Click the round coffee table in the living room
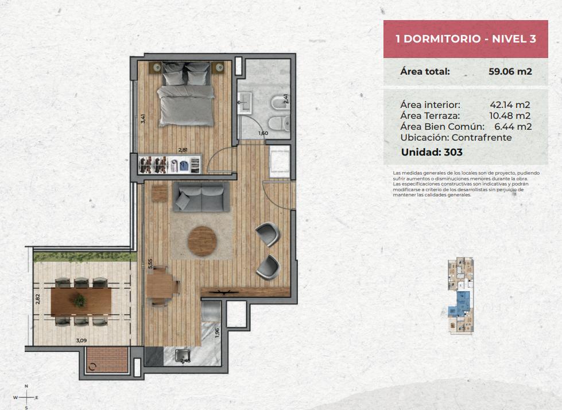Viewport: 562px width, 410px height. [x=202, y=241]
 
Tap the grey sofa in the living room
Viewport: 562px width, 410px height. [x=201, y=197]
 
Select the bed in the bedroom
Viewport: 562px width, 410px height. [x=185, y=94]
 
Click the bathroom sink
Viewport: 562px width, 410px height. [x=245, y=102]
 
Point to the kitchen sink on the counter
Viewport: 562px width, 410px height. [x=183, y=356]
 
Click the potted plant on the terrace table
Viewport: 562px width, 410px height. [x=80, y=300]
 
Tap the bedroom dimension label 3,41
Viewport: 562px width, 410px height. [x=144, y=119]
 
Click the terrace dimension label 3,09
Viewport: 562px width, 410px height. [x=82, y=341]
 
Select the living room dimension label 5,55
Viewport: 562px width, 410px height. [x=150, y=264]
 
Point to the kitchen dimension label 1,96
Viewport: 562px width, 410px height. [x=217, y=333]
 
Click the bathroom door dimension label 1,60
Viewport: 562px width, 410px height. [x=263, y=133]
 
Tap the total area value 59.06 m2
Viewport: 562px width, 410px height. [x=510, y=71]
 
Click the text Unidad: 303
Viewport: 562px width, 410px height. [x=432, y=152]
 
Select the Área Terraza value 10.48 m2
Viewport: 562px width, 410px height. [x=510, y=116]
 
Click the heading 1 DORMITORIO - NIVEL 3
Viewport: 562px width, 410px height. [x=466, y=38]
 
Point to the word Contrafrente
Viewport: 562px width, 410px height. [x=482, y=138]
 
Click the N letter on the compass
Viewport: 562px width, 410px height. [x=26, y=386]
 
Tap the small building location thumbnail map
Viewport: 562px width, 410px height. [x=460, y=296]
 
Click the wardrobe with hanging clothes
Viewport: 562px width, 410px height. [x=169, y=164]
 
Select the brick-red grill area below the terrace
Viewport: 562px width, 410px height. [x=107, y=360]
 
